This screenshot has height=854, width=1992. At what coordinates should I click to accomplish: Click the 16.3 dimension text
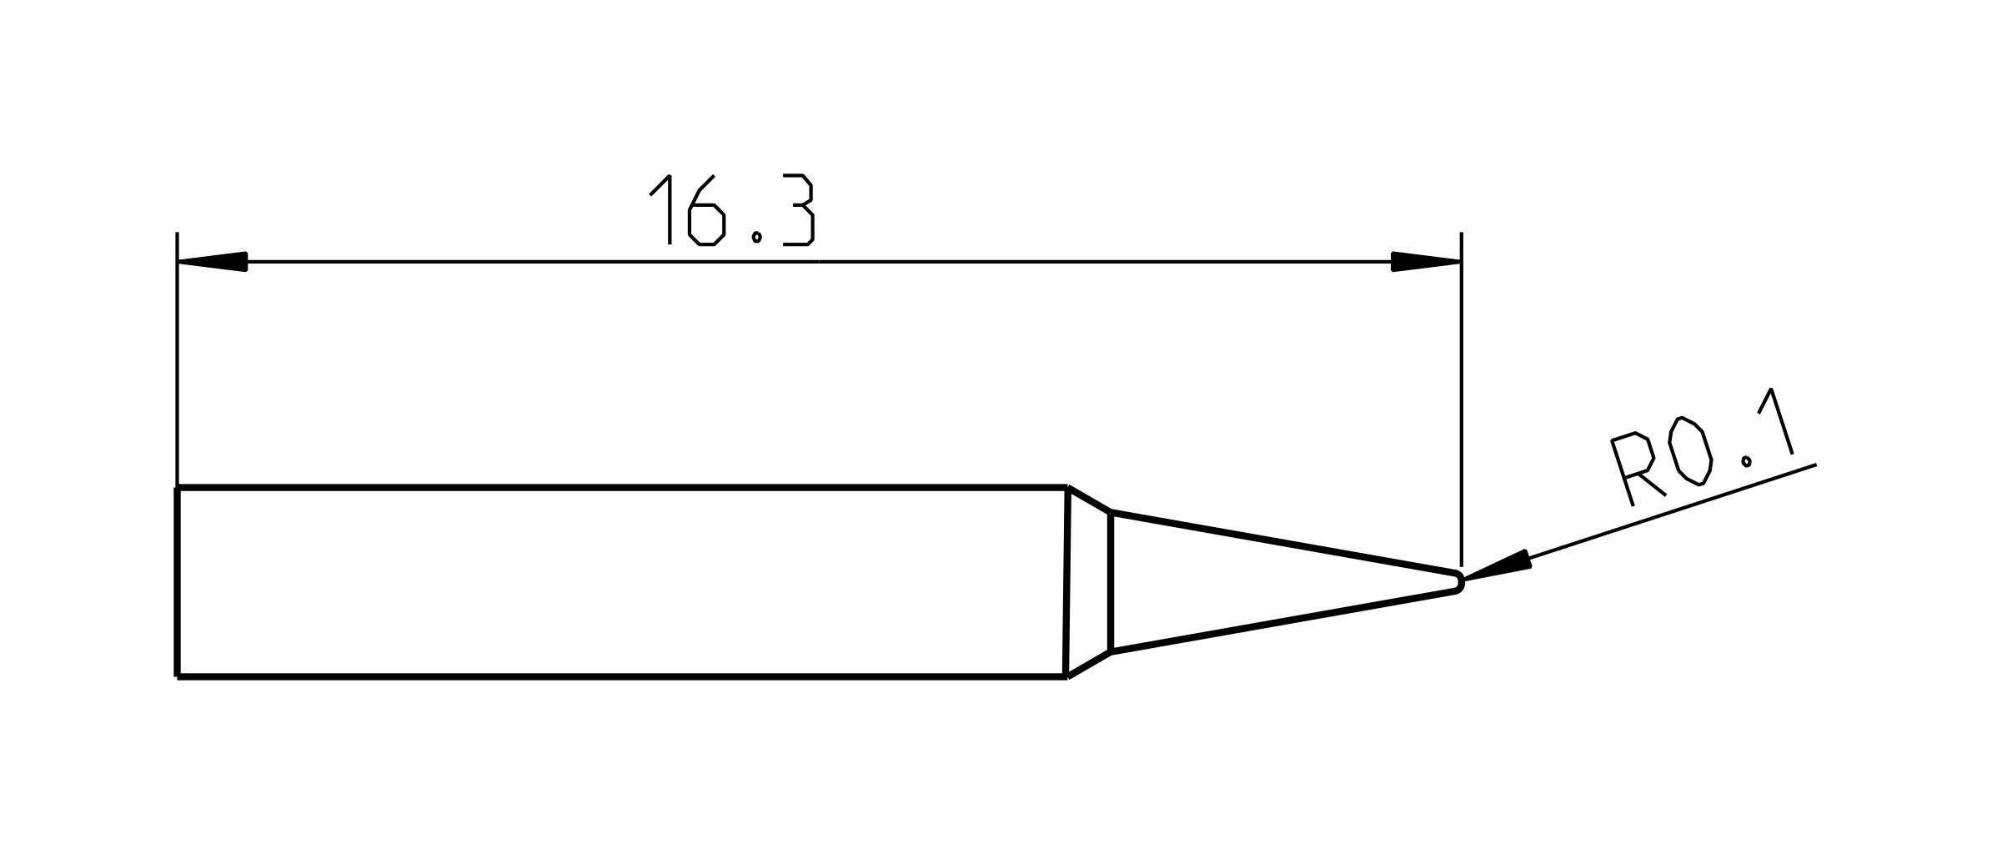(x=732, y=210)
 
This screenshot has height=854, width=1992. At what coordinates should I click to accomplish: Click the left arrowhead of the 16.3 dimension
(x=212, y=262)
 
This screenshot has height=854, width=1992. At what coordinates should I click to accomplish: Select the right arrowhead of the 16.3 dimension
(x=1426, y=262)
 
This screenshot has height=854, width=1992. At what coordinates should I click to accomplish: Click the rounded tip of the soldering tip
(x=1459, y=581)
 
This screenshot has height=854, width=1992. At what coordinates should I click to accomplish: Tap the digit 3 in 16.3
(x=798, y=210)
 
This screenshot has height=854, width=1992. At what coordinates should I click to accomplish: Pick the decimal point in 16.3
(x=756, y=237)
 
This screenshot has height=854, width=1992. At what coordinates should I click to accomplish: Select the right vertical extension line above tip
(x=1461, y=400)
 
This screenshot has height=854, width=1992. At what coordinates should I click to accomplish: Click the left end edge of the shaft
(x=178, y=581)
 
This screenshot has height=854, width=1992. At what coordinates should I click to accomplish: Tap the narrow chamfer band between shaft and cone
(x=1088, y=581)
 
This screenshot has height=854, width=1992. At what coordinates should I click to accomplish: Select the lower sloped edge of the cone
(x=1284, y=621)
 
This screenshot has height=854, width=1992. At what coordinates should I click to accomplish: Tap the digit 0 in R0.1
(x=1693, y=451)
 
